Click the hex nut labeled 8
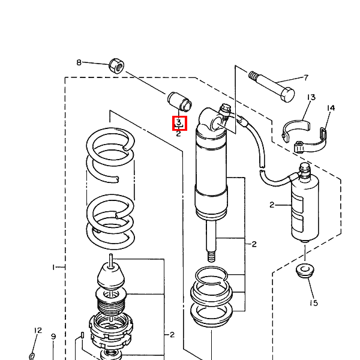[116, 66]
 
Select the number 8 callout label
[79, 62]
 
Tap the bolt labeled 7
[271, 86]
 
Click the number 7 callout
[306, 78]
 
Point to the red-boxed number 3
[179, 122]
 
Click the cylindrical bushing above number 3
[179, 101]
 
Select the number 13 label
[311, 97]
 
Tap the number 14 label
[331, 108]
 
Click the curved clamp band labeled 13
[296, 130]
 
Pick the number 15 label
[314, 303]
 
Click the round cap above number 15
[305, 271]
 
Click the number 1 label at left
[53, 267]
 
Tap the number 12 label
[38, 331]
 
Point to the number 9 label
[53, 337]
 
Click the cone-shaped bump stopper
[111, 275]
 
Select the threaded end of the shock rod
[211, 256]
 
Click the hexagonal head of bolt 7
[287, 95]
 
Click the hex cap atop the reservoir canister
[305, 167]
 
